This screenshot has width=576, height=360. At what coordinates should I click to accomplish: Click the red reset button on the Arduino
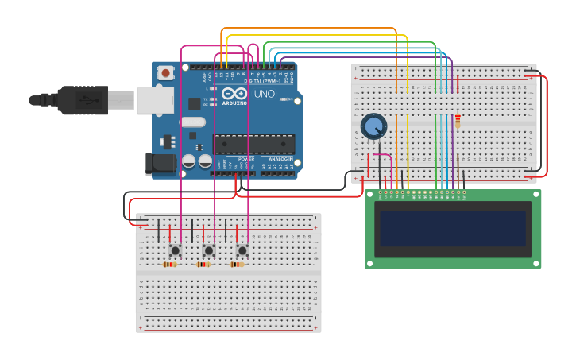(x=165, y=73)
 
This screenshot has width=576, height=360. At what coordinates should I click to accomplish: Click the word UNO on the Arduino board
(x=264, y=94)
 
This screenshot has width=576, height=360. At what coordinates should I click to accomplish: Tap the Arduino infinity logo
(x=234, y=94)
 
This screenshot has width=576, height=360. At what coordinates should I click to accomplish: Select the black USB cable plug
(x=79, y=100)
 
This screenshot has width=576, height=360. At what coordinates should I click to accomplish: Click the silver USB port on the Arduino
(x=155, y=100)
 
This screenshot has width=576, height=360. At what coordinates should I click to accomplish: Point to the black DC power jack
(x=160, y=164)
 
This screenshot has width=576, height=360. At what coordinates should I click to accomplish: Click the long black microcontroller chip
(x=253, y=145)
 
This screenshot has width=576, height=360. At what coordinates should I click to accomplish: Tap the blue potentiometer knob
(x=373, y=126)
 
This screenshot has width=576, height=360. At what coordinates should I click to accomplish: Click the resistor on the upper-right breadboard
(x=458, y=121)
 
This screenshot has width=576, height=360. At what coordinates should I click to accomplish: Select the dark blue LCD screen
(x=453, y=228)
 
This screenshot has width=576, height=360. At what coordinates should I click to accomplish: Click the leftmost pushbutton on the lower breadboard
(x=175, y=250)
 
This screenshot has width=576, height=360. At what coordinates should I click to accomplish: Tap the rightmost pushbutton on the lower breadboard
(x=242, y=250)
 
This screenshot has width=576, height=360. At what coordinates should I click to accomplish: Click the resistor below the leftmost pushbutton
(x=169, y=265)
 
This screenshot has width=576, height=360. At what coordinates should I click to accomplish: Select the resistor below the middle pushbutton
(x=203, y=265)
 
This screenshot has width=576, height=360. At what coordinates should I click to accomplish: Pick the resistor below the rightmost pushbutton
(x=237, y=265)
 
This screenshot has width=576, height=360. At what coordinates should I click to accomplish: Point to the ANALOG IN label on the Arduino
(x=279, y=158)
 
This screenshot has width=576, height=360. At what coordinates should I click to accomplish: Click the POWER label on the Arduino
(x=246, y=158)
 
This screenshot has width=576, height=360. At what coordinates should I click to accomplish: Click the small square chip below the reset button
(x=194, y=103)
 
